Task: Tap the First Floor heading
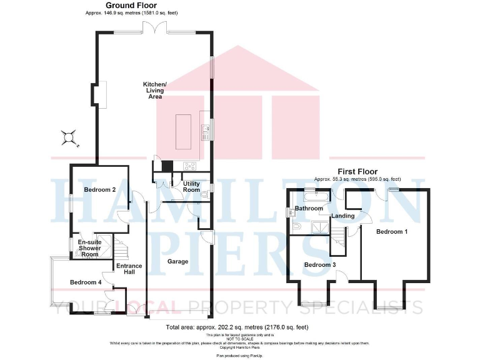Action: pos(357,171)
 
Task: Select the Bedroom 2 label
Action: pos(100,189)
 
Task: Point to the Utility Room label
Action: pos(191,186)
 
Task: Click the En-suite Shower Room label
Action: pos(89,248)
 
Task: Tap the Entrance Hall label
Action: pos(129,269)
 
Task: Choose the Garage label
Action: pos(178,262)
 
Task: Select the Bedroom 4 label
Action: pos(85,282)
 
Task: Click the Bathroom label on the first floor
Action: pos(308,208)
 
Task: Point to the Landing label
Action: pos(343,216)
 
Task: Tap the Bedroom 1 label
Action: pos(392,232)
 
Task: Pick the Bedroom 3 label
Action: pos(319,265)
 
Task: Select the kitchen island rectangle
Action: pos(184,132)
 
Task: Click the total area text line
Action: pos(237,327)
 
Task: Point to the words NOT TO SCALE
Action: pos(240,339)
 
